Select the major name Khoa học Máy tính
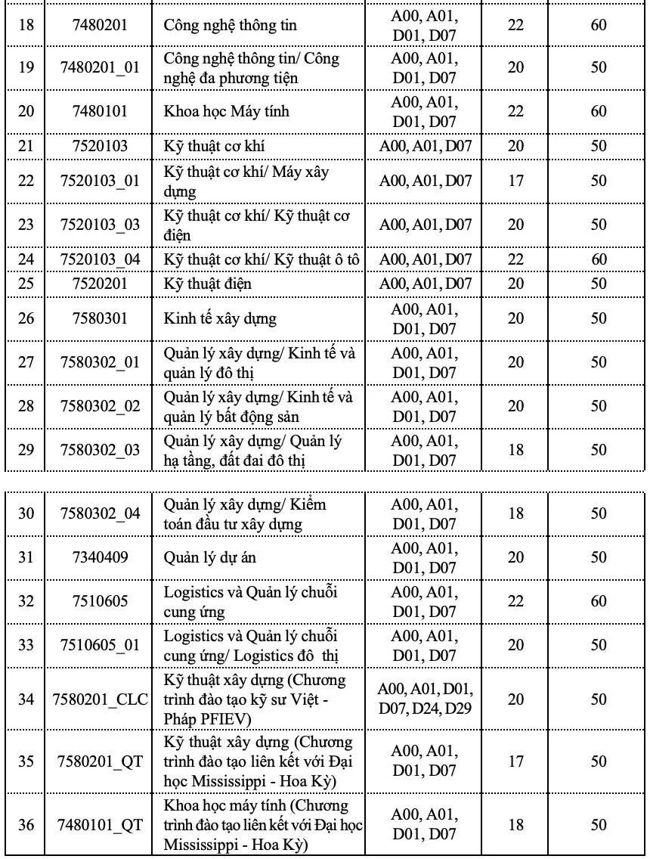pyautogui.click(x=226, y=111)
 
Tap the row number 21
pyautogui.click(x=26, y=146)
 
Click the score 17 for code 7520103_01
pyautogui.click(x=515, y=181)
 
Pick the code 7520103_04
pyautogui.click(x=100, y=259)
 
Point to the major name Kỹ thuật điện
pyautogui.click(x=208, y=284)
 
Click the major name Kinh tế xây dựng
pyautogui.click(x=220, y=318)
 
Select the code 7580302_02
pyautogui.click(x=100, y=406)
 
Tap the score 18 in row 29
pyautogui.click(x=515, y=450)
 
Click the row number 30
pyautogui.click(x=26, y=513)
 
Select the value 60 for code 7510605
pyautogui.click(x=599, y=601)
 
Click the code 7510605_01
pyautogui.click(x=100, y=645)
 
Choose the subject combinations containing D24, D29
pyautogui.click(x=426, y=699)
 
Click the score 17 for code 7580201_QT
pyautogui.click(x=515, y=761)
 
